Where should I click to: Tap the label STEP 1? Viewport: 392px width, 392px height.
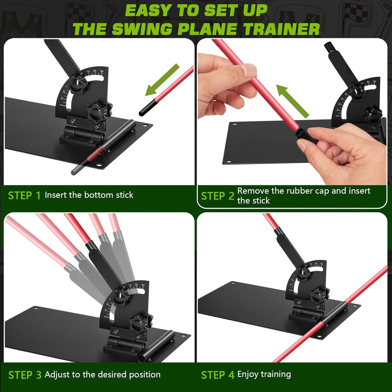tap(24, 195)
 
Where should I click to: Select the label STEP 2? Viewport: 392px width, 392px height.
tap(217, 196)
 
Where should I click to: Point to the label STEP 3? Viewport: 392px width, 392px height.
tap(25, 375)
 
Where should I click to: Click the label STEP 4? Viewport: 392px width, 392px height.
tap(217, 375)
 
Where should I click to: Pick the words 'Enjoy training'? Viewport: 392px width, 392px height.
tap(264, 374)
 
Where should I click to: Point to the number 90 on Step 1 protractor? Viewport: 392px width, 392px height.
tap(101, 71)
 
